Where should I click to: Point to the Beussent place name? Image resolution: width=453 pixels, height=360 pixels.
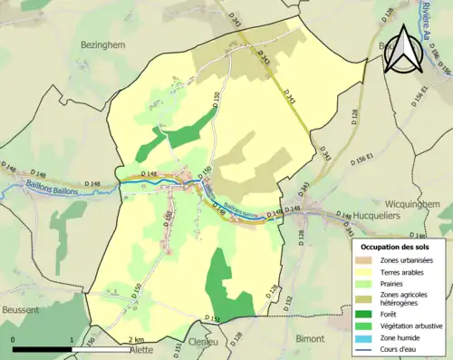[21, 309]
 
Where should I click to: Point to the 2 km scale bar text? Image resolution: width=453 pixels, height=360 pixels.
[135, 339]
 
